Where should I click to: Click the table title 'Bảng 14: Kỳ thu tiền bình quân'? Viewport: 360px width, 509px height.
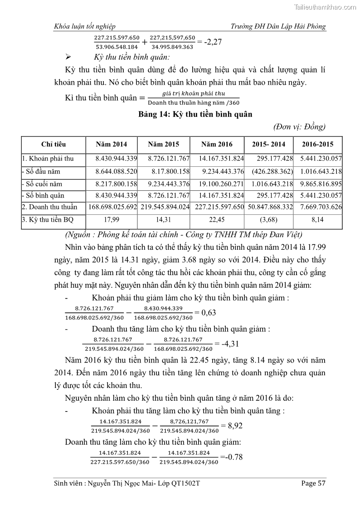(x=195, y=114)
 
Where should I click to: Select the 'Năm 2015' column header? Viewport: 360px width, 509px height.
(x=163, y=145)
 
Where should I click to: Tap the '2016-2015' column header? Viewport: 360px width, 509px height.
(x=317, y=145)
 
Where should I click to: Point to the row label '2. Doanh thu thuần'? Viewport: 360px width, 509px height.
(x=49, y=207)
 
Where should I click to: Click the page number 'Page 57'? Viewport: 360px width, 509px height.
(x=313, y=483)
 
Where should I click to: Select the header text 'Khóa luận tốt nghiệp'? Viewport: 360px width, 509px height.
(x=84, y=27)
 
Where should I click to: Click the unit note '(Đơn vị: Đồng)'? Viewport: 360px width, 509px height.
(x=299, y=126)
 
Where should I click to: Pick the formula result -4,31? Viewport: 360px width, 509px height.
(x=230, y=344)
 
